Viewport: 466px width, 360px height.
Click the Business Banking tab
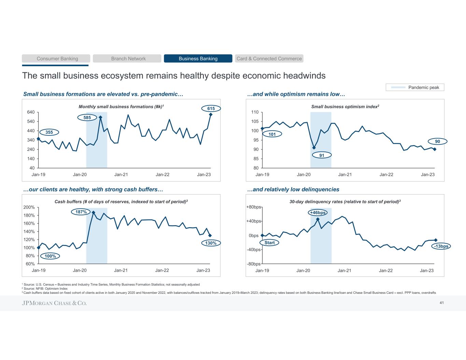(198, 59)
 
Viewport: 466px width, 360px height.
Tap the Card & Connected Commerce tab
(269, 59)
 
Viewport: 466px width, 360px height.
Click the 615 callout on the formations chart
(211, 109)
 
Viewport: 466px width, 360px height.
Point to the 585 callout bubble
(87, 118)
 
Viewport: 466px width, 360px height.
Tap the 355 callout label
(50, 132)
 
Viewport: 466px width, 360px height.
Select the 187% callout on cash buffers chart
(81, 212)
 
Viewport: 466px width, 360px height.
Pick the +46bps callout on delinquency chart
(317, 213)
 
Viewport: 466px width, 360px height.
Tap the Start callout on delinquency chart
(269, 243)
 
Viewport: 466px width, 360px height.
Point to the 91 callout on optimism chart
(322, 155)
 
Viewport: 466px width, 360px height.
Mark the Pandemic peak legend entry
(415, 87)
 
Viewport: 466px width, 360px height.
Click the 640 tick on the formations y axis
(30, 112)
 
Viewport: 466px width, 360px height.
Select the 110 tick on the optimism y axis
(255, 112)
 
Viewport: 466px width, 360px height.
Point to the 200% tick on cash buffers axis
(29, 207)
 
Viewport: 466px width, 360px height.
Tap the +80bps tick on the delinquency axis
(253, 207)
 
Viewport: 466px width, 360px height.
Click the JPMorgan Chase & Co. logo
(54, 303)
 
